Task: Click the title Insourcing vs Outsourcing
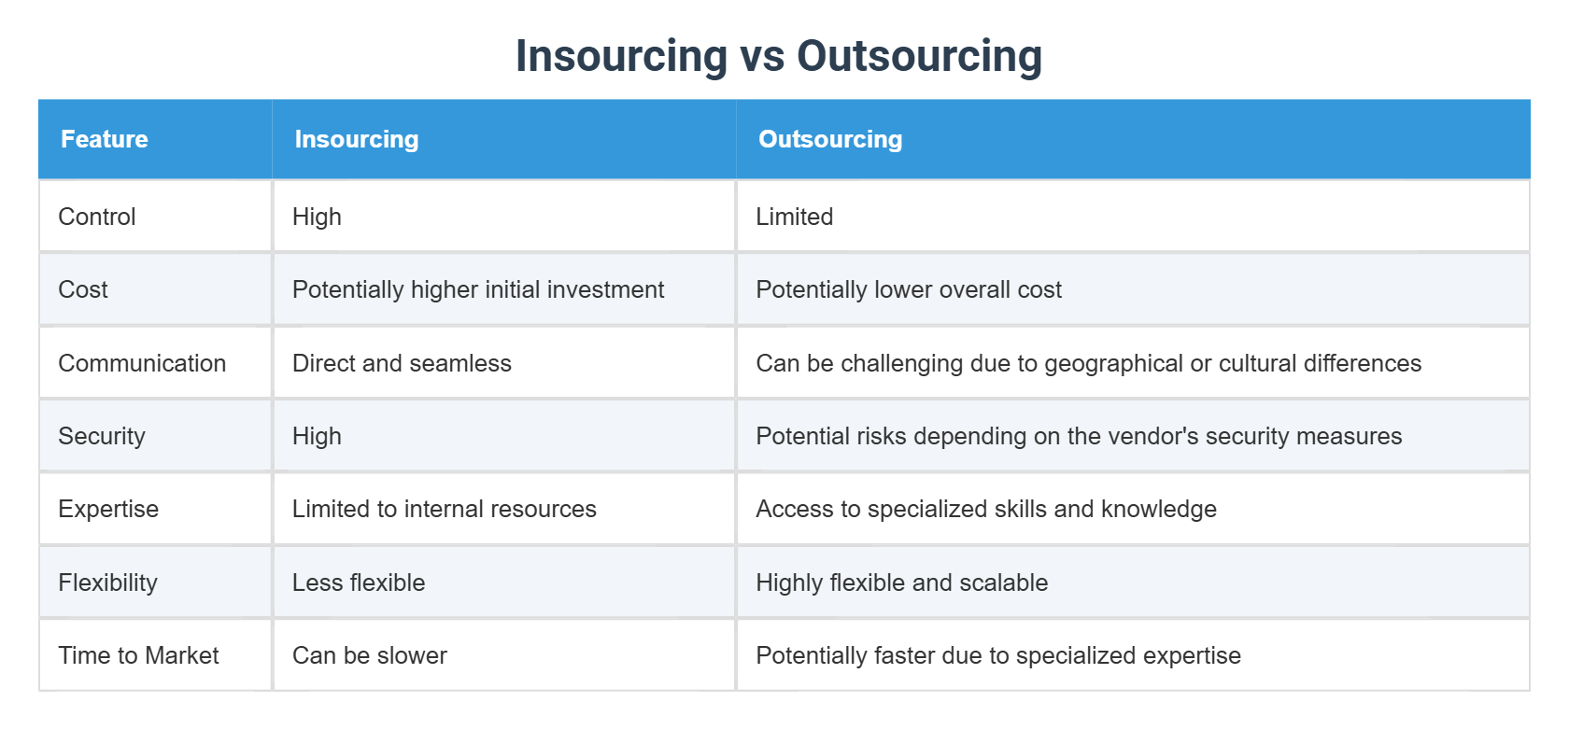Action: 778,56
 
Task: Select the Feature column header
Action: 105,139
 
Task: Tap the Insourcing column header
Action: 356,139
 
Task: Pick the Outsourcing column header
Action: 829,139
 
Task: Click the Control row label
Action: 97,217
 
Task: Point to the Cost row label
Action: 83,289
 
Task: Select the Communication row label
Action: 142,363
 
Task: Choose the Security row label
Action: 102,436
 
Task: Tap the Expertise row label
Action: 108,509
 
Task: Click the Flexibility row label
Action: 107,583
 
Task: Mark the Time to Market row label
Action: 138,655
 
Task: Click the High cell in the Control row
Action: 317,217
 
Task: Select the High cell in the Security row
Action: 317,436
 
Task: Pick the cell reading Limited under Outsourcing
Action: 794,217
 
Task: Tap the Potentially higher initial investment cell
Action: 477,289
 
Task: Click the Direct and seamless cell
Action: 402,363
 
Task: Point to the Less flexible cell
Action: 359,583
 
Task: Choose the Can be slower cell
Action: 369,655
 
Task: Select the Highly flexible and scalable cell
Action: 901,583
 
